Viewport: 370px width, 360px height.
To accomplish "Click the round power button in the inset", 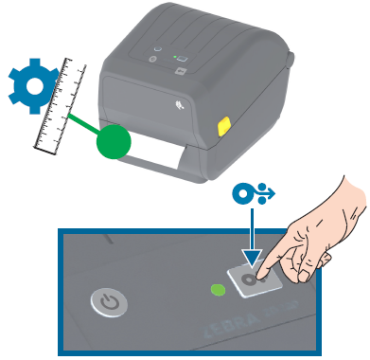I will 110,304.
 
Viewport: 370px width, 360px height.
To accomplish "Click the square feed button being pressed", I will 251,282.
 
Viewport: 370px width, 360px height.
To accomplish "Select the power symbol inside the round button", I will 110,304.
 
